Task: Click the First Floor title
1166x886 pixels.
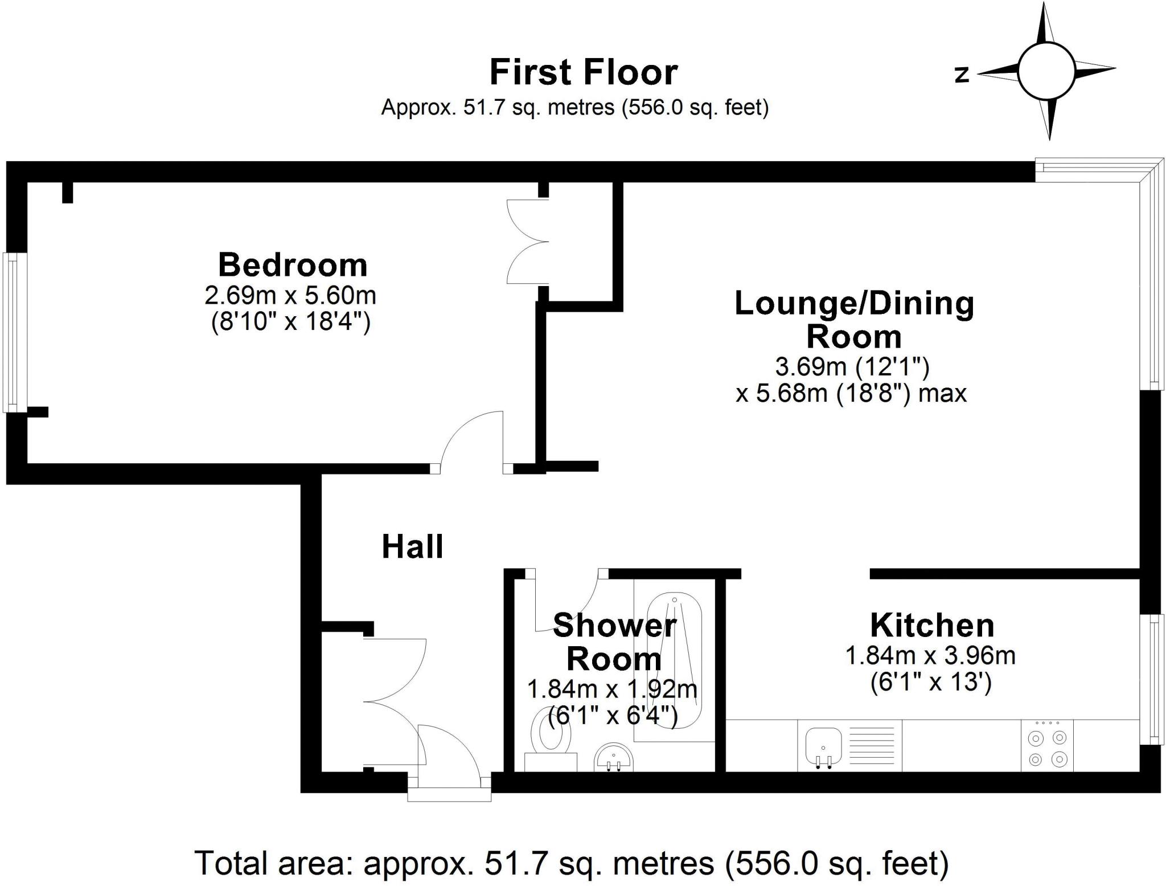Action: [584, 72]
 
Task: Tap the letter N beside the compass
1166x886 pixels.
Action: [962, 75]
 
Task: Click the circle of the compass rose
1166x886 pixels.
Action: [1046, 71]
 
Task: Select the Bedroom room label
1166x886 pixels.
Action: [293, 265]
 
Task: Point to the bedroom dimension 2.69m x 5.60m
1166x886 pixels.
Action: [290, 296]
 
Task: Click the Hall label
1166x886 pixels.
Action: [412, 547]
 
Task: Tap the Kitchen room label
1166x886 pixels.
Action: [932, 625]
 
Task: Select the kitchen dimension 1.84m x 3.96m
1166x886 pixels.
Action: [930, 656]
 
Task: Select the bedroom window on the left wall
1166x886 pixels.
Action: [14, 332]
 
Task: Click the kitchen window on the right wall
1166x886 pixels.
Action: [1150, 679]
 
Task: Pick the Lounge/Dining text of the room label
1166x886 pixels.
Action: [855, 304]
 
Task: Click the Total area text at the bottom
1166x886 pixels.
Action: [572, 863]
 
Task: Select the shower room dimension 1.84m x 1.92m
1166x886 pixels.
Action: [612, 689]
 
